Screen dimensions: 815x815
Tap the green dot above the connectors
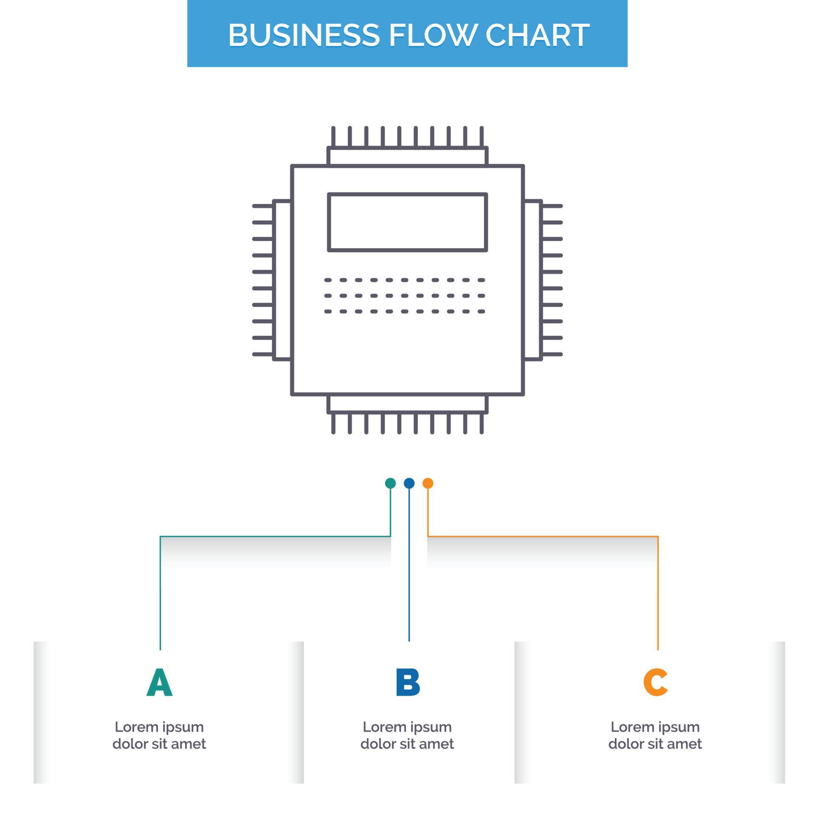pos(390,483)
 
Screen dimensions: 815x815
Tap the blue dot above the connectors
pos(409,483)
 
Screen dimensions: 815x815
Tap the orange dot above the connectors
pos(428,483)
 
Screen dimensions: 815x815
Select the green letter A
pos(160,683)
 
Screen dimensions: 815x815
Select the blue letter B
pos(407,683)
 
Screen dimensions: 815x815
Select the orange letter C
pos(655,683)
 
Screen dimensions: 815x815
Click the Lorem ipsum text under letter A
pos(159,735)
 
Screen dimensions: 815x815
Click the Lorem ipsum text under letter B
pos(407,735)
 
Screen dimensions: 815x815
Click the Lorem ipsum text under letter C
pos(655,735)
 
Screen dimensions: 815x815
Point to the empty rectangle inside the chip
pos(407,222)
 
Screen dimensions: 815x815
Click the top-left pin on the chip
pos(333,136)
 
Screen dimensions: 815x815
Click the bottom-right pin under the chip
pos(482,423)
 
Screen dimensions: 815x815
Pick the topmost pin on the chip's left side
pos(262,206)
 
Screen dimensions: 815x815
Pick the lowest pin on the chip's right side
pos(552,354)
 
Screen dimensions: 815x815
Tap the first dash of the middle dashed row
pos(328,296)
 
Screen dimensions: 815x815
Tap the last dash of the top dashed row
pos(481,280)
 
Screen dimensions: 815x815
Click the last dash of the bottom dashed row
pos(481,312)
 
